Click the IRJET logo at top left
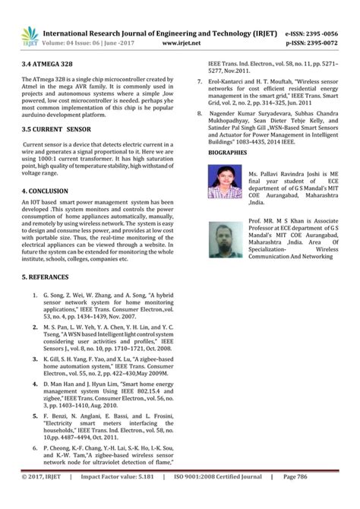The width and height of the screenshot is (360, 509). coord(30,35)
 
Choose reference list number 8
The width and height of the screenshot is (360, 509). coord(200,112)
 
